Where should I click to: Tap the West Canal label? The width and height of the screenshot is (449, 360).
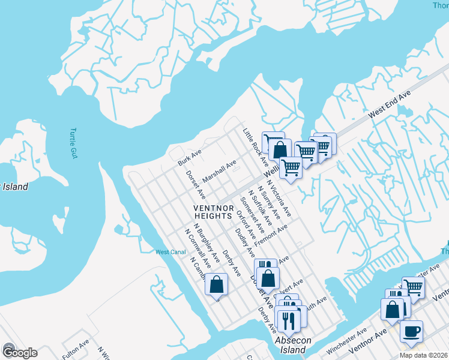tap(170, 252)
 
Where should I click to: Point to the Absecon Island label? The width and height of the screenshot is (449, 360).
tap(293, 344)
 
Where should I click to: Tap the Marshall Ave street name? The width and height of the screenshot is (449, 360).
tap(219, 172)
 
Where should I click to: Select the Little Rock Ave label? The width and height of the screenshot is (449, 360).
tap(256, 147)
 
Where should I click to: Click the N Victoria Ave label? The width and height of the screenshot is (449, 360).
tap(279, 199)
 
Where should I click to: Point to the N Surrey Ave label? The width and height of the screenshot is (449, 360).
tap(269, 204)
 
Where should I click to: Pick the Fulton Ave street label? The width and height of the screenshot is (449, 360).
tap(75, 349)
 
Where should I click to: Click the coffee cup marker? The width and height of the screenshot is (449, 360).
tap(411, 331)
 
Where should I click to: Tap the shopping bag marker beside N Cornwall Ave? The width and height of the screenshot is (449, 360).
tap(216, 284)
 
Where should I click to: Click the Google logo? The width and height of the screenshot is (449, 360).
tap(19, 352)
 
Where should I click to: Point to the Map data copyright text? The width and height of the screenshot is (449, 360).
tap(423, 355)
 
